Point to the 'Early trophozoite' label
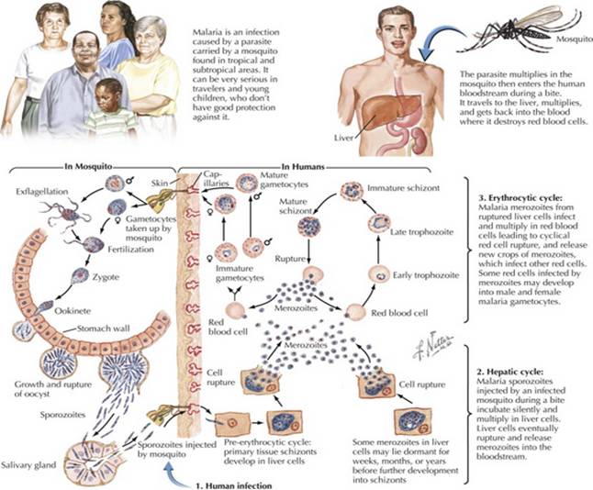tap(432, 274)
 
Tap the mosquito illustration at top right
tap(533, 33)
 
